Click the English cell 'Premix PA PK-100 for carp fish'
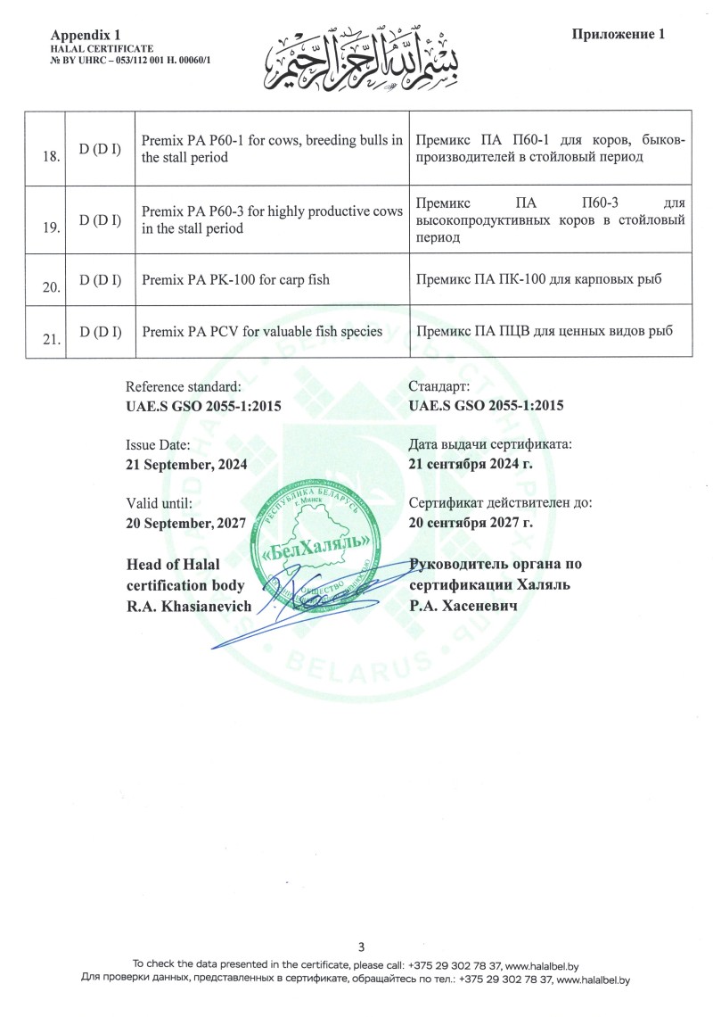[x=235, y=280]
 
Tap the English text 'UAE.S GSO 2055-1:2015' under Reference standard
[x=204, y=406]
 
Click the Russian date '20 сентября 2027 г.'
[x=470, y=523]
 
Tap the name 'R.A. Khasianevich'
[x=190, y=605]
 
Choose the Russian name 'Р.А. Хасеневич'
[x=463, y=605]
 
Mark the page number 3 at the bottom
[x=361, y=947]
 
